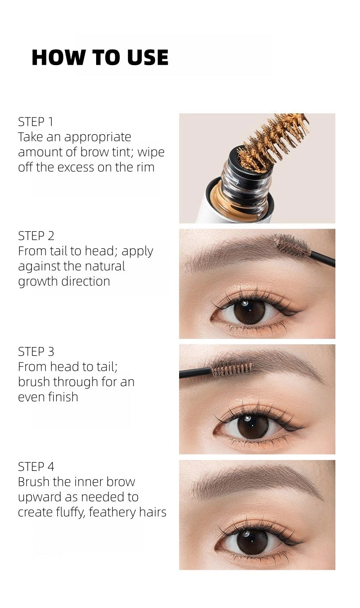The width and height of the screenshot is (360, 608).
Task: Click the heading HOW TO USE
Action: [100, 57]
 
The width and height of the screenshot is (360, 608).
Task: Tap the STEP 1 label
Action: [36, 122]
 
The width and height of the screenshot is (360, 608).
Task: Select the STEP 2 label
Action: [36, 236]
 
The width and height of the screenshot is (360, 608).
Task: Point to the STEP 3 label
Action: [36, 352]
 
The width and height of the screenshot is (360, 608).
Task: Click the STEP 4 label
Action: [36, 467]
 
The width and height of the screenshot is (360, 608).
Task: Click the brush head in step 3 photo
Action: [232, 369]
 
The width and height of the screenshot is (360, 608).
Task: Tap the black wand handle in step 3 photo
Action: [195, 373]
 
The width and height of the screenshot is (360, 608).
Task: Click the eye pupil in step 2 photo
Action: [249, 312]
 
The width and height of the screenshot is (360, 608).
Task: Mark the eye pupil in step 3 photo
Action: [252, 427]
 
